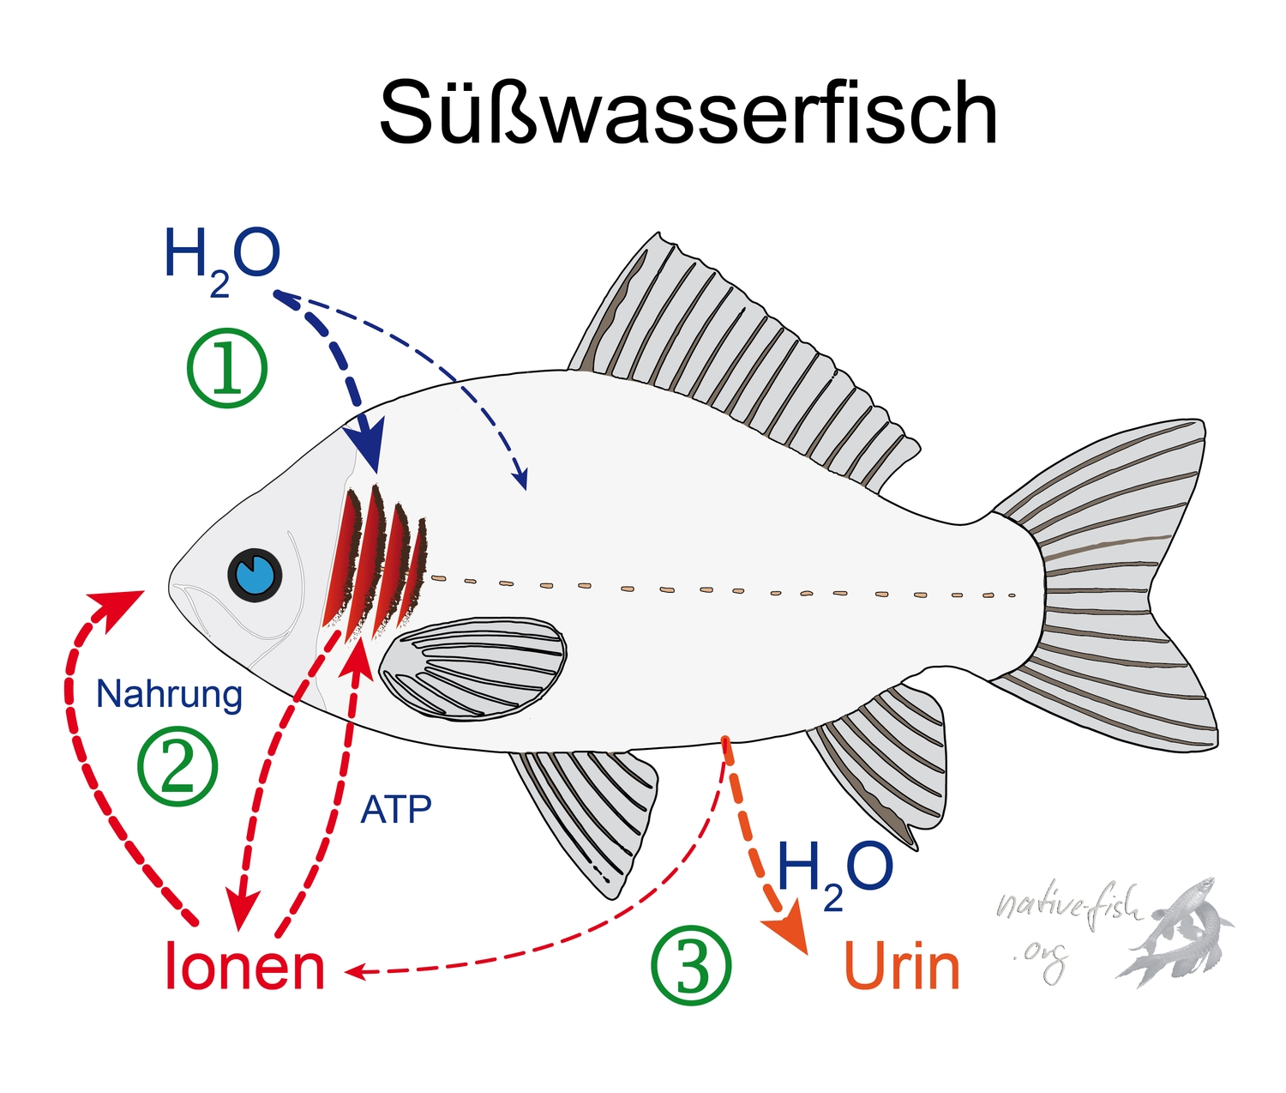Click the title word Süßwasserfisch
(x=688, y=114)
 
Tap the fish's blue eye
(x=255, y=574)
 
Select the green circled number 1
(x=227, y=369)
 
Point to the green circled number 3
(x=692, y=966)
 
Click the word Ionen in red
(x=244, y=967)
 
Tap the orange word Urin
(x=902, y=967)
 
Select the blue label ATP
(x=395, y=809)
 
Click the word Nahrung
(x=169, y=694)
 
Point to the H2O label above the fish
(x=222, y=257)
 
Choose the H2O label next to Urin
(x=834, y=871)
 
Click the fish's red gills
(x=375, y=562)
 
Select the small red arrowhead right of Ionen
(x=356, y=972)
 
